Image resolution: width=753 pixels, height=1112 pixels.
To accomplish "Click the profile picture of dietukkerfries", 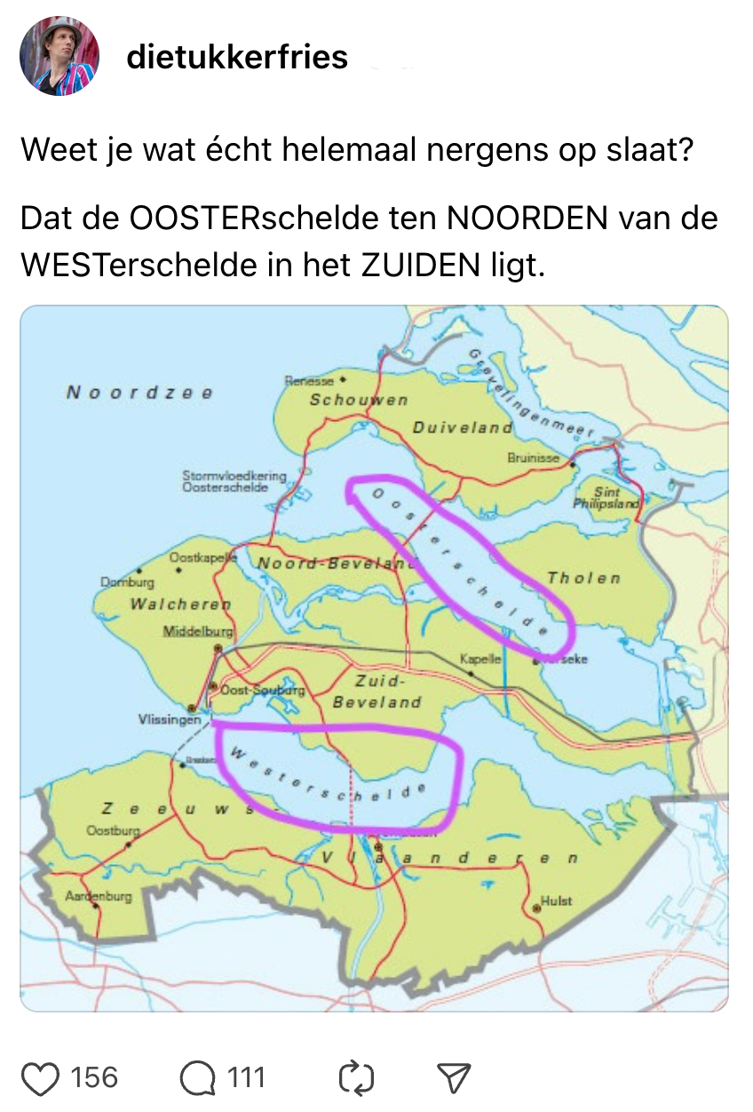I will [59, 56].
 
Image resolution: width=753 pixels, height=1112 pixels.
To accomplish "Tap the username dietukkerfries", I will [237, 57].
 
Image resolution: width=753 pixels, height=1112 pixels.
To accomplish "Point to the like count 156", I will [93, 1077].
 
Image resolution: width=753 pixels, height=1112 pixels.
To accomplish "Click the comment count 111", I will [246, 1077].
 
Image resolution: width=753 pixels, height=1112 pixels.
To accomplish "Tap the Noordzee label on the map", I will [139, 393].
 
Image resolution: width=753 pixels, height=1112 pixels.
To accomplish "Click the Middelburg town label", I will [197, 631].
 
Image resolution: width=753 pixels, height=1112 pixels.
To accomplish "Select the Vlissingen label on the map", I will [169, 719].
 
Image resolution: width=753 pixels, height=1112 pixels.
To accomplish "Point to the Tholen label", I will [583, 578].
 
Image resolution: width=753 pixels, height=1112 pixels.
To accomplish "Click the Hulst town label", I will [557, 901].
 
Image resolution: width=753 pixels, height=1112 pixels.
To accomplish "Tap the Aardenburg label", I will [98, 896].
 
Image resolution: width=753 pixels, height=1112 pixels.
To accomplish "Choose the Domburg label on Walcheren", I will [126, 583].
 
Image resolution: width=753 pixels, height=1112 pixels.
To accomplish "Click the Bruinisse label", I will [534, 458].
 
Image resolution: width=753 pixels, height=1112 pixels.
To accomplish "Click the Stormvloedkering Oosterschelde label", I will [234, 481].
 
